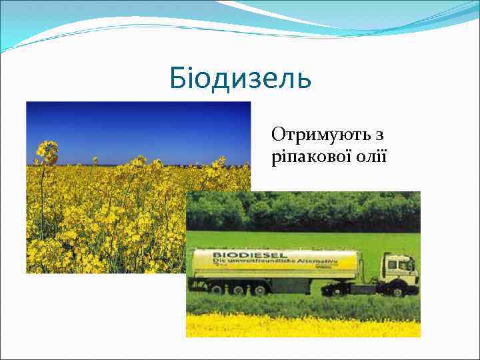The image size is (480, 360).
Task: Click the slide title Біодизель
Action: [240, 79]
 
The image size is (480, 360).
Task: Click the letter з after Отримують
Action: [379, 135]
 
